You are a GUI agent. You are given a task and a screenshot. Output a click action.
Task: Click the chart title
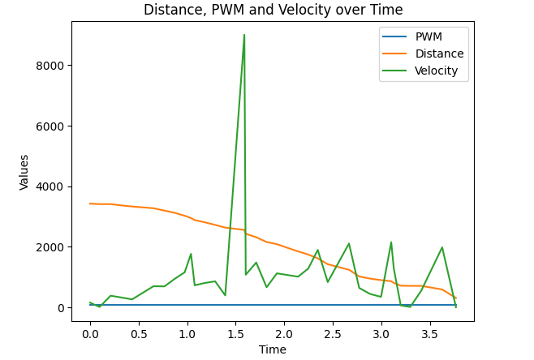tap(273, 10)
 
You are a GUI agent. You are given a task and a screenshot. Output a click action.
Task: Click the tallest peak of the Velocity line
tap(244, 35)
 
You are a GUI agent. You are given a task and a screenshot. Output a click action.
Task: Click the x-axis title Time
tap(273, 349)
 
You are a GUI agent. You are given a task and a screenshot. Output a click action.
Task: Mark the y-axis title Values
tap(24, 172)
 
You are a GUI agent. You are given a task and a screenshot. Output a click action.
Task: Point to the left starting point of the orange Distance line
tap(90, 204)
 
